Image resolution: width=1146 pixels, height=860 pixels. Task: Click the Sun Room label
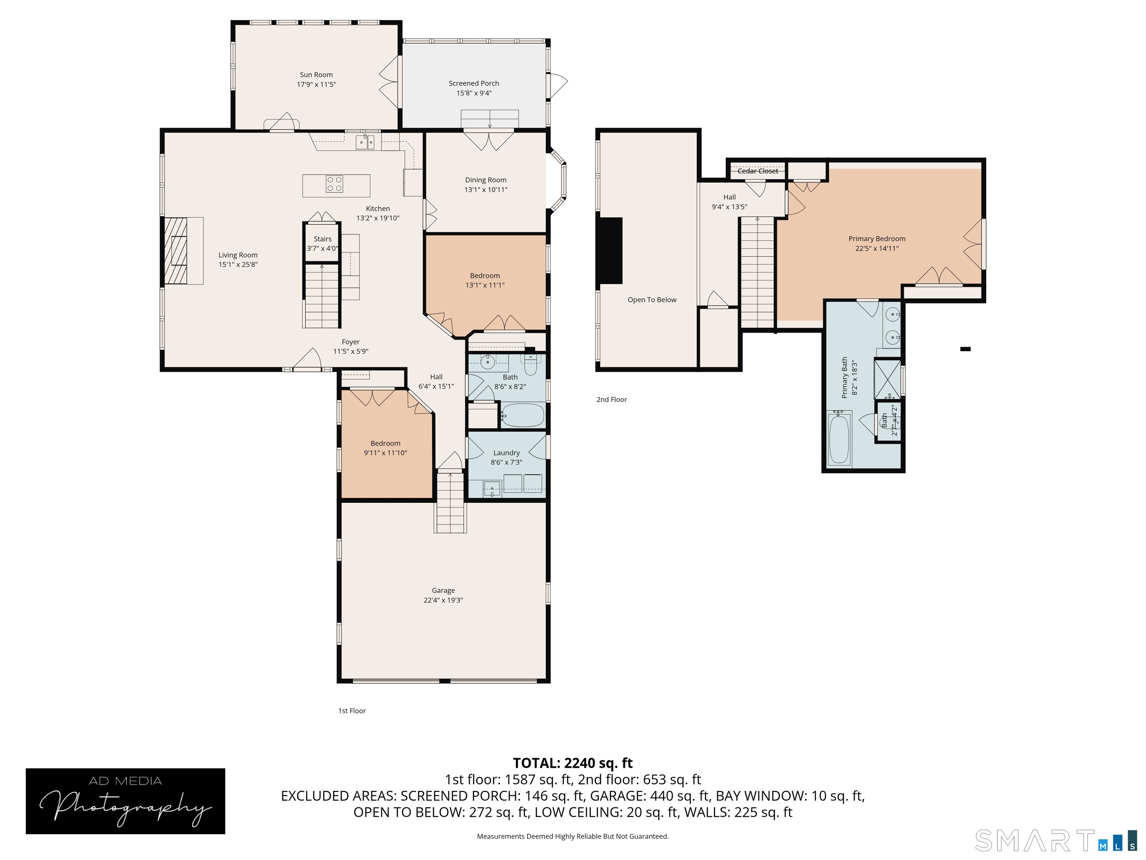tap(316, 75)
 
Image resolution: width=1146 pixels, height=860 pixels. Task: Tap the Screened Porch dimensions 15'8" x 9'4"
tap(473, 93)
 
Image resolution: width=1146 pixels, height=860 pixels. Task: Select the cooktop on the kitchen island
tap(334, 184)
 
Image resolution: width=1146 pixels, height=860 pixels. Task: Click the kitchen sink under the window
tap(365, 141)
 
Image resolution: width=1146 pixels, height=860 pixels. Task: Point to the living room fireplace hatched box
tap(176, 250)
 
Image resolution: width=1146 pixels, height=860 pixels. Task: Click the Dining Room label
tap(485, 180)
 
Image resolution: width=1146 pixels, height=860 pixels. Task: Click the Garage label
tap(443, 591)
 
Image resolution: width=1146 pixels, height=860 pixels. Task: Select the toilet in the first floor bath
tap(530, 365)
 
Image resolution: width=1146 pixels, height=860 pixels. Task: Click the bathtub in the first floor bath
tap(522, 415)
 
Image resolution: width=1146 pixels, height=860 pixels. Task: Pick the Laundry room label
tap(506, 452)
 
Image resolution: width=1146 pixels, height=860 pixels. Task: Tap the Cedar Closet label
tap(757, 171)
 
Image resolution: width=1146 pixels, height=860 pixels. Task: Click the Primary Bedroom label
tap(877, 239)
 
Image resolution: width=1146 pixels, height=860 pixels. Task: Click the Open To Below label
tap(652, 300)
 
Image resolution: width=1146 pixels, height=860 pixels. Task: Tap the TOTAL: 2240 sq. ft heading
tap(573, 763)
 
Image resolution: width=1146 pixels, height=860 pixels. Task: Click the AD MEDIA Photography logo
tap(125, 801)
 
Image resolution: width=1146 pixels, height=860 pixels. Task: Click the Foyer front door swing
tap(310, 359)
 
